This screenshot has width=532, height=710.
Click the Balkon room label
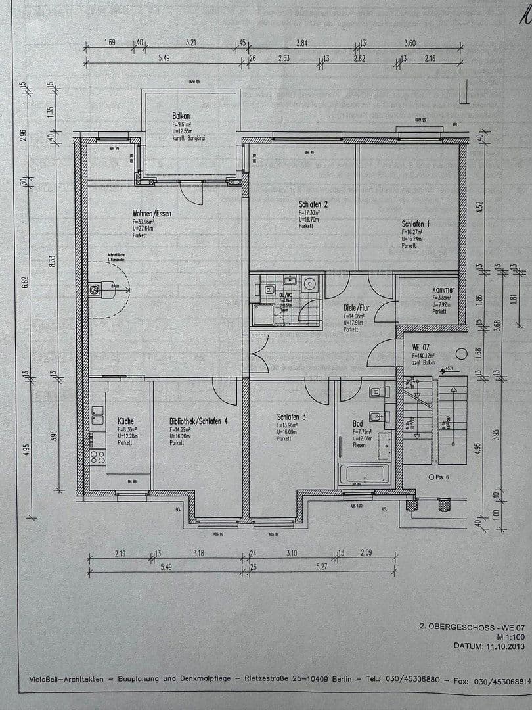[181, 115]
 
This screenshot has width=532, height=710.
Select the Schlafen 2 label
[313, 204]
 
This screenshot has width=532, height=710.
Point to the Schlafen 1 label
[416, 224]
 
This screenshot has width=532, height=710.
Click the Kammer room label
[443, 289]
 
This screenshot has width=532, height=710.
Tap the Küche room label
[126, 421]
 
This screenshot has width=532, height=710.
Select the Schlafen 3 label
[292, 416]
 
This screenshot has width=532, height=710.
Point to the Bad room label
[359, 423]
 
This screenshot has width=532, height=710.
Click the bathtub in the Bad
[365, 474]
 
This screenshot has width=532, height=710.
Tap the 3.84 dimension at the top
[301, 43]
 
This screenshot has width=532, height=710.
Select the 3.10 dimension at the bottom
[292, 554]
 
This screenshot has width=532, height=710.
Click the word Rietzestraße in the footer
[266, 678]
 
